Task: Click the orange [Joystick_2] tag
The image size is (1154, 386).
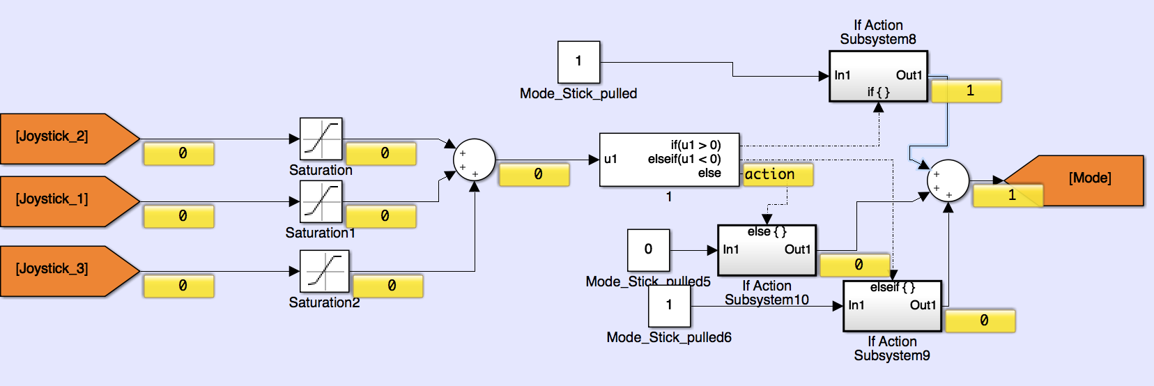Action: click(x=63, y=138)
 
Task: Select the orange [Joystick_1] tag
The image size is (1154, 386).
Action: click(x=63, y=201)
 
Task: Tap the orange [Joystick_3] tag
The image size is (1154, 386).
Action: click(x=63, y=270)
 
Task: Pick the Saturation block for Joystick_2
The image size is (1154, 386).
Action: click(x=321, y=139)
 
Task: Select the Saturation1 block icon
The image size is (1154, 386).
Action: click(x=321, y=201)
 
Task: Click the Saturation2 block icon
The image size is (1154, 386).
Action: click(x=324, y=271)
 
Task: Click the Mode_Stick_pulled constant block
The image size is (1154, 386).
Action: click(x=578, y=62)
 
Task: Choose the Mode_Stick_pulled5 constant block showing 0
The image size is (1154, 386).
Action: click(x=648, y=249)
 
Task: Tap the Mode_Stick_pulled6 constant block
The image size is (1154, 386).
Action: click(x=669, y=306)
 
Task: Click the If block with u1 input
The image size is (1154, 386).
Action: click(x=669, y=160)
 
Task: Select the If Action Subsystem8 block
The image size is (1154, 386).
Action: click(x=878, y=76)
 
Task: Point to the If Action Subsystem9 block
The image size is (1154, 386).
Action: click(x=892, y=306)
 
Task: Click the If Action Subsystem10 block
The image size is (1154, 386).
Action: click(x=767, y=249)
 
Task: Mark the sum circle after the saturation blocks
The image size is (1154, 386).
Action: click(x=474, y=160)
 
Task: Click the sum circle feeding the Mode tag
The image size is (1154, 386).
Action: click(x=948, y=180)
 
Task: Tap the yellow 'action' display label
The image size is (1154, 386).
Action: click(x=778, y=174)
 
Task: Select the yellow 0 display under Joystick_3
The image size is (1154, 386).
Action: click(x=178, y=286)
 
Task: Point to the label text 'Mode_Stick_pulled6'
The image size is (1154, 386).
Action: click(x=669, y=338)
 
